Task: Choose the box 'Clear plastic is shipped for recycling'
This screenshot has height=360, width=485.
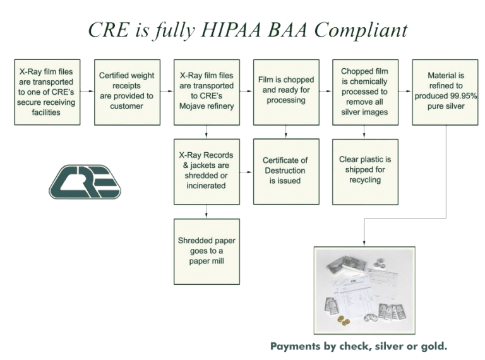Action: [365, 171]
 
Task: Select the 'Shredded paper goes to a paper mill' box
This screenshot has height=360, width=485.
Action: [207, 250]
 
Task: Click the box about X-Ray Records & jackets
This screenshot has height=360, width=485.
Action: [207, 171]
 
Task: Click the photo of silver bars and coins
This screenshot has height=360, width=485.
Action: [364, 289]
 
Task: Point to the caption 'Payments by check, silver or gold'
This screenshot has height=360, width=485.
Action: [359, 346]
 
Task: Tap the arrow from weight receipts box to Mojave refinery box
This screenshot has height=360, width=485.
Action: [167, 91]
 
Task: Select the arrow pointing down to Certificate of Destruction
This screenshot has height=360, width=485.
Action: [286, 132]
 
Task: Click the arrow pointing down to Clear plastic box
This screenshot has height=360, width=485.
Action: [365, 132]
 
